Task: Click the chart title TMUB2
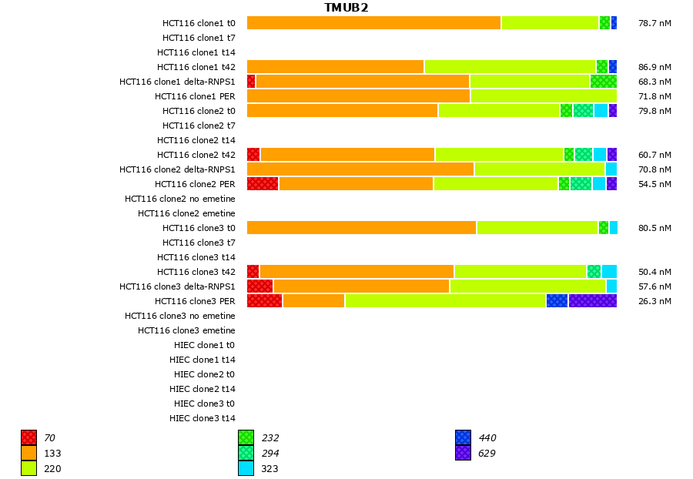[x=346, y=8]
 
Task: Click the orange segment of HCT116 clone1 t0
[x=373, y=23]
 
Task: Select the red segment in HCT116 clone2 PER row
[x=263, y=184]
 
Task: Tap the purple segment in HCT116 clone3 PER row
[x=593, y=301]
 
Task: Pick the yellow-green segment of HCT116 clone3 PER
[x=445, y=301]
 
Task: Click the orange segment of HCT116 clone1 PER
[x=358, y=96]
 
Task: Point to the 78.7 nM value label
[x=654, y=23]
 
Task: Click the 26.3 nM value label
[x=654, y=301]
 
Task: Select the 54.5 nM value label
[x=654, y=184]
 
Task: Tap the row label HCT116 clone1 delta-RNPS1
[x=177, y=82]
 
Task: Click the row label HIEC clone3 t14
[x=203, y=418]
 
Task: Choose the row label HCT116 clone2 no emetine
[x=180, y=199]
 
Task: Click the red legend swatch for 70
[x=28, y=438]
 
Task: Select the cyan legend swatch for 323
[x=246, y=468]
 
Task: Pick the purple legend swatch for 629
[x=463, y=454]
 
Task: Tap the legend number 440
[x=487, y=438]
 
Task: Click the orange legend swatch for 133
[x=28, y=454]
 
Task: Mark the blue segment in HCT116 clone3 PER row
[x=557, y=301]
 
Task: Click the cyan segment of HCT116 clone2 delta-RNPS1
[x=611, y=169]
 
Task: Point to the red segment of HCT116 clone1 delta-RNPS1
[x=251, y=82]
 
